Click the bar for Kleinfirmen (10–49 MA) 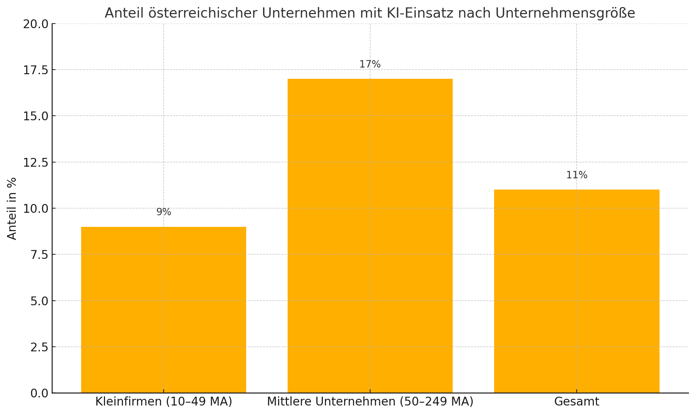[x=163, y=309]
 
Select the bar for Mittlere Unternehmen [x=370, y=236]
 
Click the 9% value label [x=164, y=212]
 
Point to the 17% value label [x=370, y=64]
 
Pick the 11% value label [x=577, y=175]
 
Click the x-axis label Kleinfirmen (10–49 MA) [x=164, y=402]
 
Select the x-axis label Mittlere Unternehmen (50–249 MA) [x=370, y=402]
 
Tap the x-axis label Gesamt [x=577, y=402]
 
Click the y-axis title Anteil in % [x=12, y=209]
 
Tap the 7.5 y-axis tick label [x=39, y=255]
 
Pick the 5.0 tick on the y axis [x=39, y=301]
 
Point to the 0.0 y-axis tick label [x=39, y=393]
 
